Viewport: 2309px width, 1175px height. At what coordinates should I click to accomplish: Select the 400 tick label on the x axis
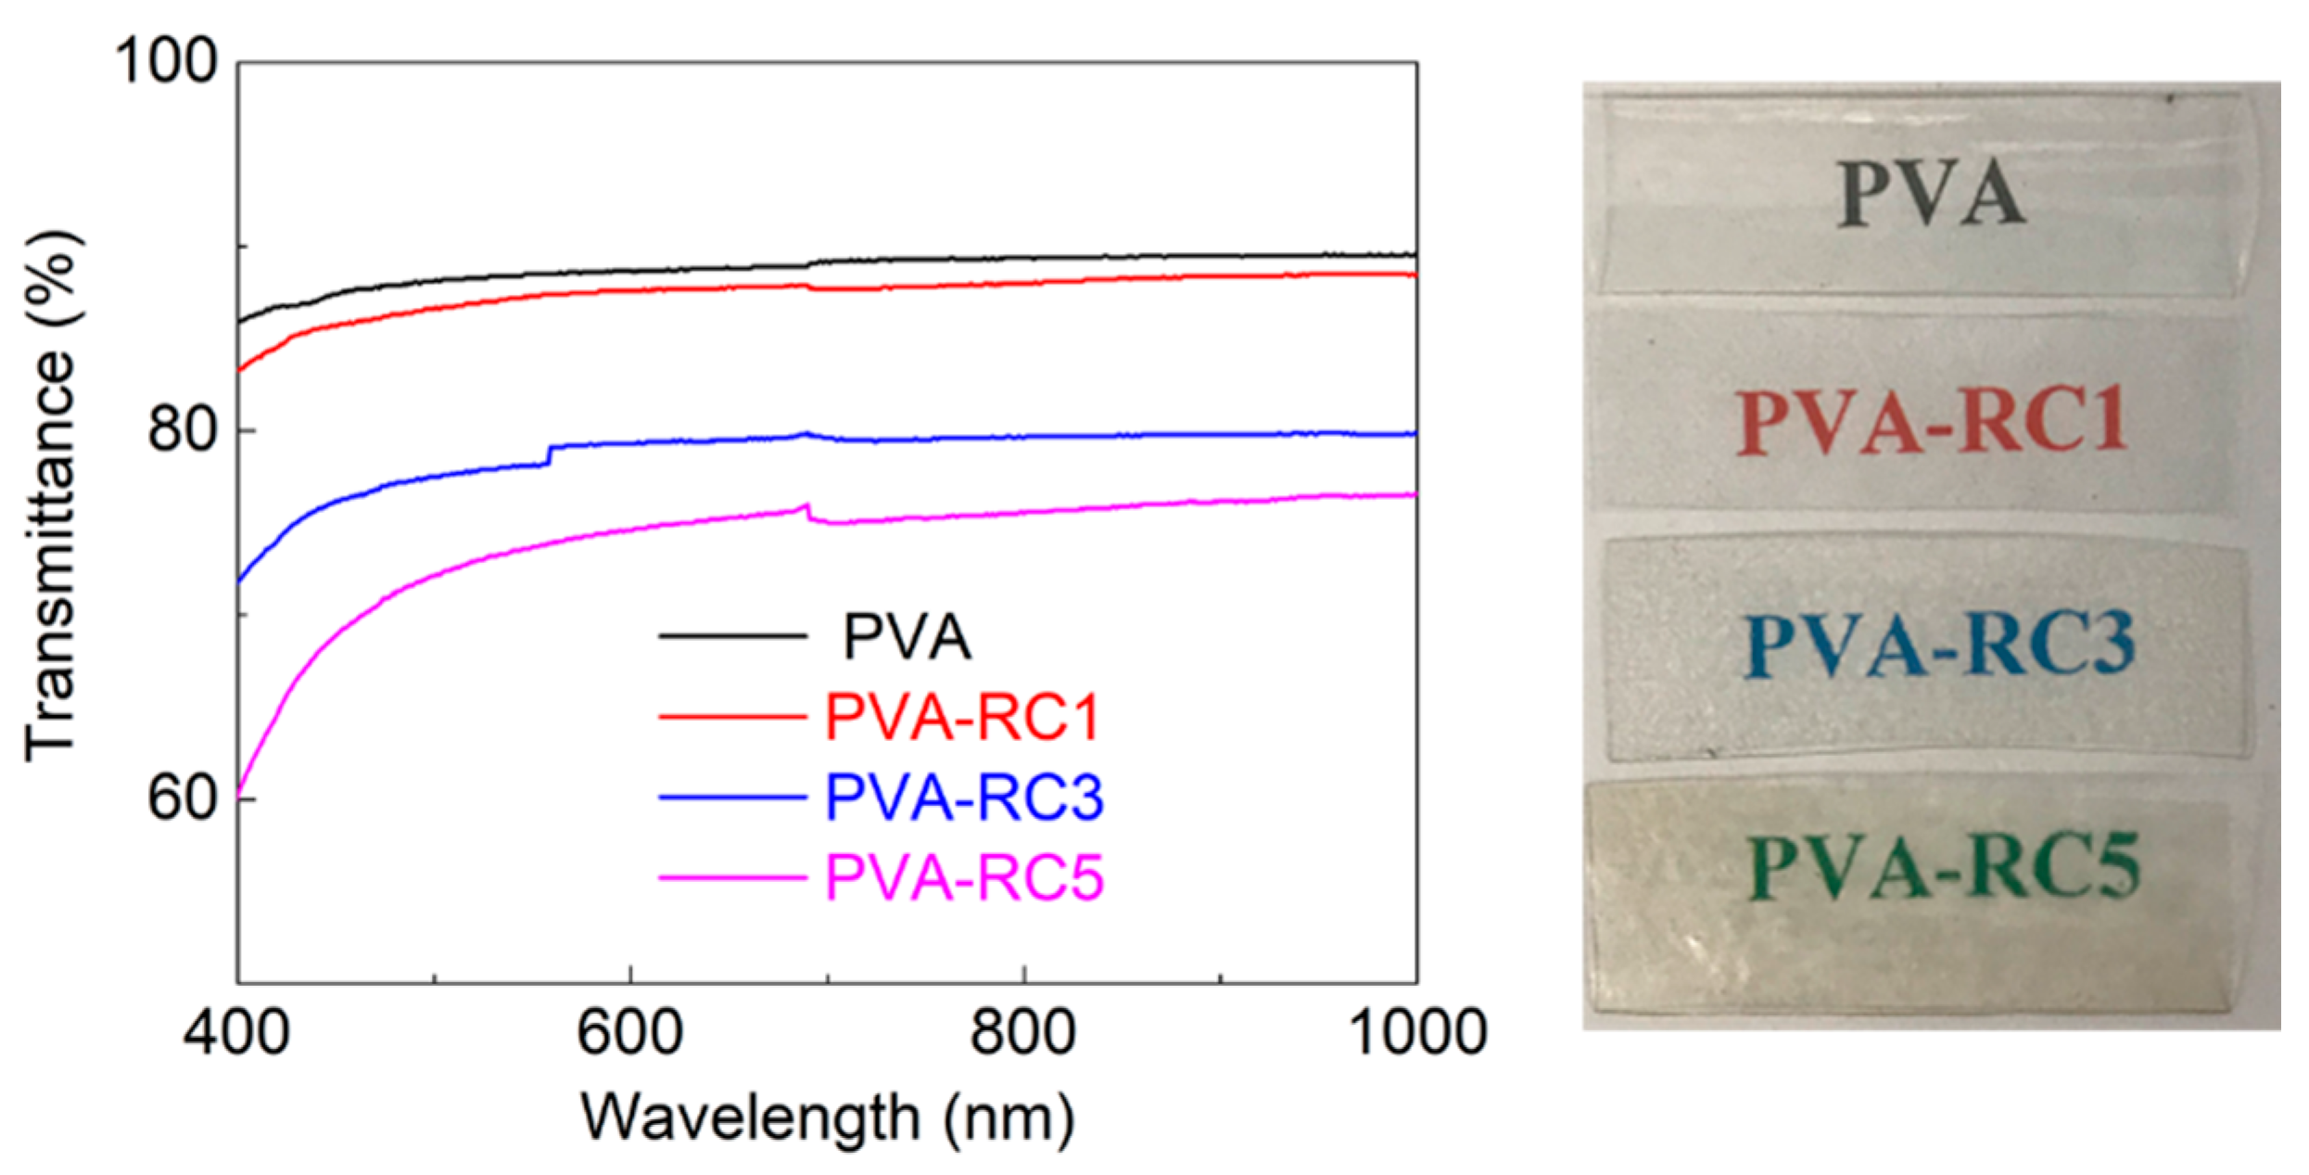click(x=236, y=1032)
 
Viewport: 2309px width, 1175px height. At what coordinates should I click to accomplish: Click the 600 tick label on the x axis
click(x=630, y=1032)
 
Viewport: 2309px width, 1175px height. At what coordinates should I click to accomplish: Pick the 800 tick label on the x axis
click(x=1023, y=1032)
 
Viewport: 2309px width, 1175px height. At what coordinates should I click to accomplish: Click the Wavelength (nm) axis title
click(x=827, y=1118)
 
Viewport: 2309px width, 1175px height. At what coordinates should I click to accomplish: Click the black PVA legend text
click(x=907, y=637)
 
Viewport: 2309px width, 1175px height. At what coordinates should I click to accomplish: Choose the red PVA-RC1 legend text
click(x=962, y=717)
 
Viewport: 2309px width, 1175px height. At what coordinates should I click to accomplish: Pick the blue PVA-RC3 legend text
click(x=964, y=797)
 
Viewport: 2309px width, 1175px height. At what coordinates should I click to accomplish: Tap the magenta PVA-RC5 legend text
click(x=964, y=877)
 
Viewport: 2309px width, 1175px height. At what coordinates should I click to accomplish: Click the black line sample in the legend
click(x=732, y=636)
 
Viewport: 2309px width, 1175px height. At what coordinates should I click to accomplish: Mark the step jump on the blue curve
click(x=550, y=455)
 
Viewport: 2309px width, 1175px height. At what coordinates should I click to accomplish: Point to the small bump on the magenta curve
click(x=807, y=509)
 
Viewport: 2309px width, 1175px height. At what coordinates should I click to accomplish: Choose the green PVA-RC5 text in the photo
click(x=1945, y=867)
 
